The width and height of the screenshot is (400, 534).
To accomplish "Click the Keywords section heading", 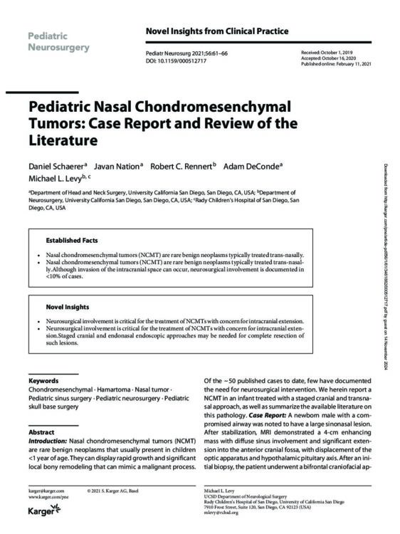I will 43,381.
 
